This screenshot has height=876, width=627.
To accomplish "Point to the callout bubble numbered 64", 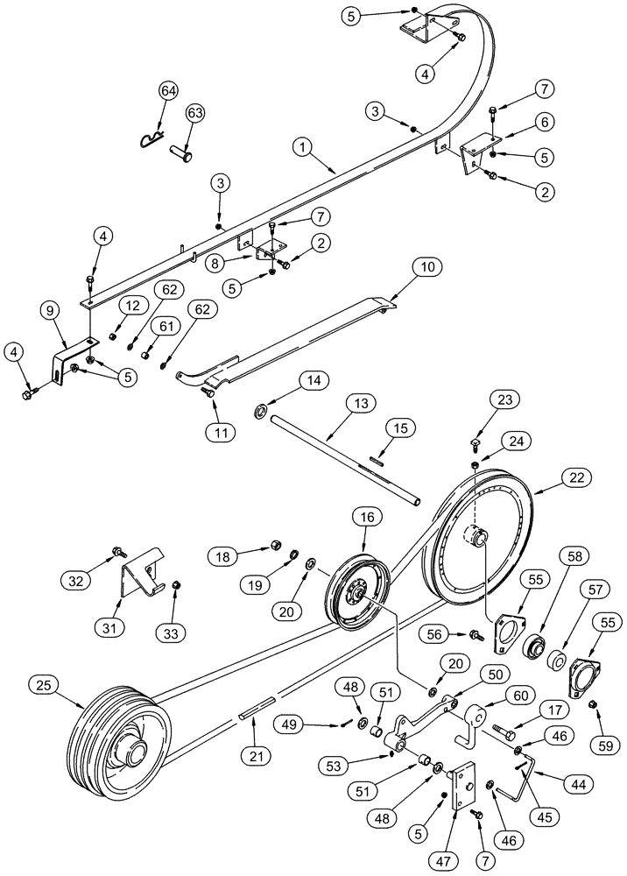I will point(168,91).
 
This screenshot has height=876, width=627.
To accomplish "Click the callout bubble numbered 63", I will point(194,113).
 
